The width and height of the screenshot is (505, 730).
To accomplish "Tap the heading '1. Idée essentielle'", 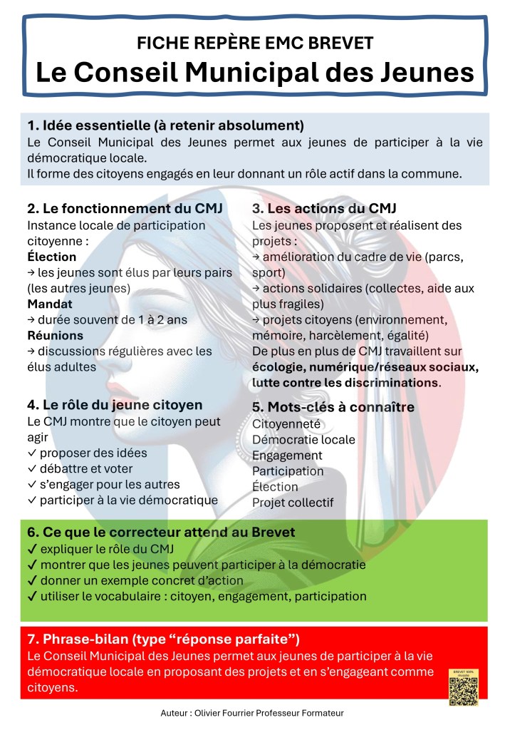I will click(x=165, y=125).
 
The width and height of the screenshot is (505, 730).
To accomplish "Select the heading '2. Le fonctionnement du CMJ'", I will click(x=125, y=209).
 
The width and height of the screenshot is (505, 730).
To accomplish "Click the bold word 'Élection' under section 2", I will click(x=51, y=257).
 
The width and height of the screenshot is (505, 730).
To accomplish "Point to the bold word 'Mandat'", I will click(x=50, y=304).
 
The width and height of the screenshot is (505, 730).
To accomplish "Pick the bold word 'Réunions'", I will click(x=55, y=335).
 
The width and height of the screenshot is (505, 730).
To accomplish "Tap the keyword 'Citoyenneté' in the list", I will click(x=286, y=424).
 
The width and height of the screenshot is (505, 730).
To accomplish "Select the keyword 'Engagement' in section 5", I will click(x=287, y=456).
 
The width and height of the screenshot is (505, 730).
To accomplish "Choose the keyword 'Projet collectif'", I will click(x=293, y=503).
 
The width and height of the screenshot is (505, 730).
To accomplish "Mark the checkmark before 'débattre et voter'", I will click(x=32, y=469).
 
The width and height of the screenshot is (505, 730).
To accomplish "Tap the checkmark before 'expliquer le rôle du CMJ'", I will click(x=32, y=549).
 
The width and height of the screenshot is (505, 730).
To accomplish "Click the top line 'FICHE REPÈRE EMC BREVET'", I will click(x=255, y=43).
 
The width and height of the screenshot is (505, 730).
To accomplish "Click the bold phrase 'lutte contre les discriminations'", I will click(x=345, y=383).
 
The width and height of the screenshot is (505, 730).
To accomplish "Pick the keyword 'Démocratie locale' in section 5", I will click(x=303, y=440).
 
